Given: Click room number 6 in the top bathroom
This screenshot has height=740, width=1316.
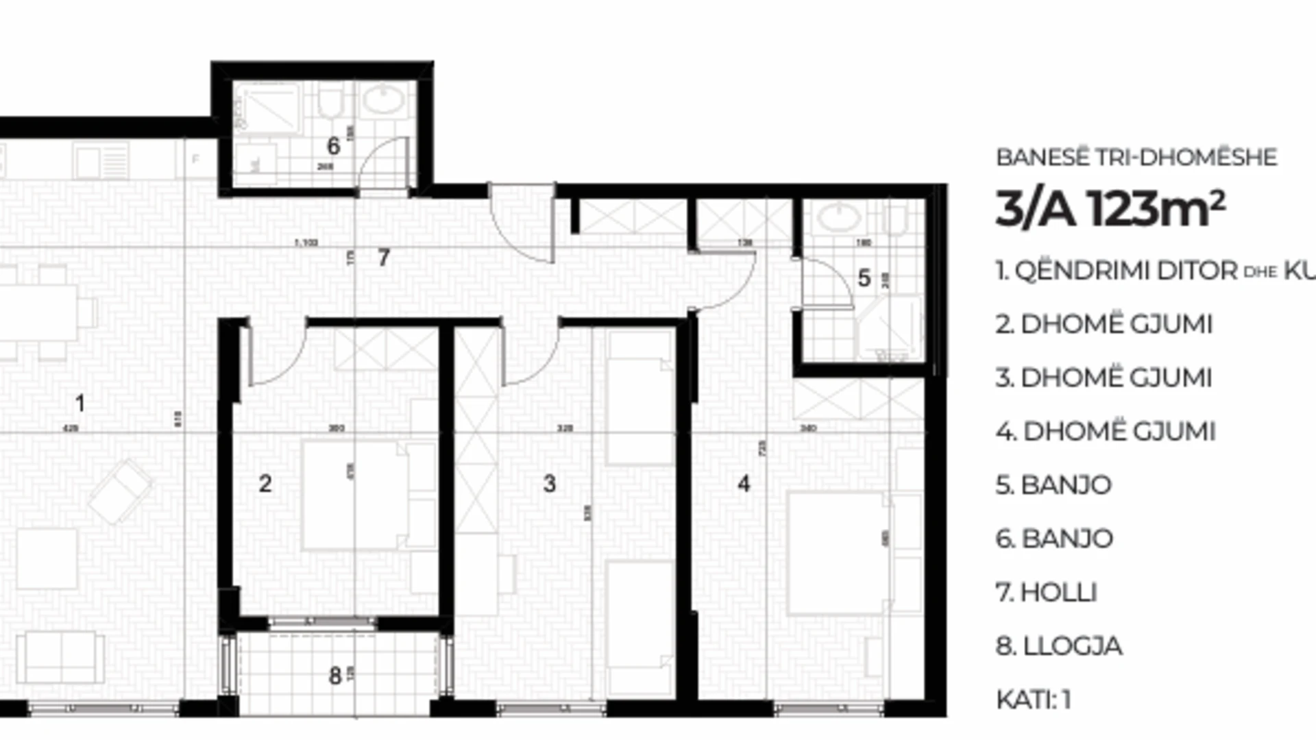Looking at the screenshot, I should (333, 146).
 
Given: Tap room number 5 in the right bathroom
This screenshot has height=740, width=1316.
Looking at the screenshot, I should (864, 278).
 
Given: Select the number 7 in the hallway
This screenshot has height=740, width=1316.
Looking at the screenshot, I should (384, 258).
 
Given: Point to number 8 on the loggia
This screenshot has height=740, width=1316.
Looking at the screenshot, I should (334, 676).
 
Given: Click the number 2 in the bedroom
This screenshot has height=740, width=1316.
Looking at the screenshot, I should (265, 484).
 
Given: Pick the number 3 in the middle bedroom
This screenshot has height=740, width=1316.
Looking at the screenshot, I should (549, 484).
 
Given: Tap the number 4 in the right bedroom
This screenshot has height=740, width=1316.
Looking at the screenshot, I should (744, 484).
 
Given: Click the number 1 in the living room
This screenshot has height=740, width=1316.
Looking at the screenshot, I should (80, 404).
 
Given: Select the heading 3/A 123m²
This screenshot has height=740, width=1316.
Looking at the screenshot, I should (1110, 209).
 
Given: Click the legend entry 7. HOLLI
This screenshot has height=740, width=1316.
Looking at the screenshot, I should (1046, 592).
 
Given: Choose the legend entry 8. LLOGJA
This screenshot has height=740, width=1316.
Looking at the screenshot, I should (1058, 645).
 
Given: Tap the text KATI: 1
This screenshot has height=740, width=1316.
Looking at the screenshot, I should (1033, 700).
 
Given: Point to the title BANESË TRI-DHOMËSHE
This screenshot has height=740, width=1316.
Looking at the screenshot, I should (1136, 157).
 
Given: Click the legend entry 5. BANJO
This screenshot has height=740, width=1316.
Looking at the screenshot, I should (1053, 485).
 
